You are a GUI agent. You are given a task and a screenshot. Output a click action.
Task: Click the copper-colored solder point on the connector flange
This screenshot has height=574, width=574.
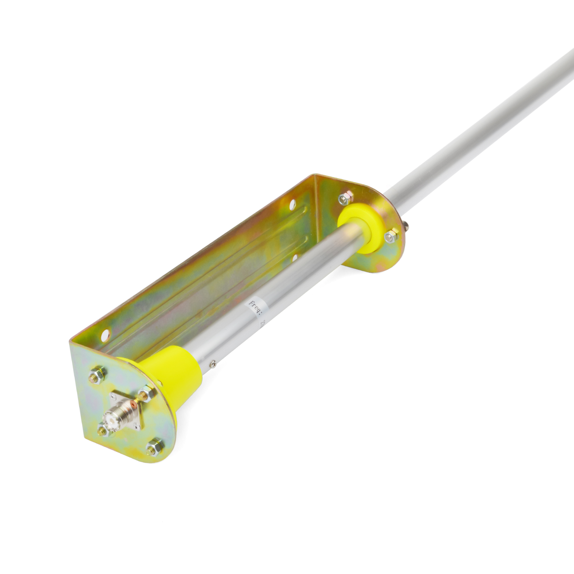coord(133,404)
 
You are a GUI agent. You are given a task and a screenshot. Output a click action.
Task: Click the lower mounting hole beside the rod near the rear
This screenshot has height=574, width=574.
coord(295,257)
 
